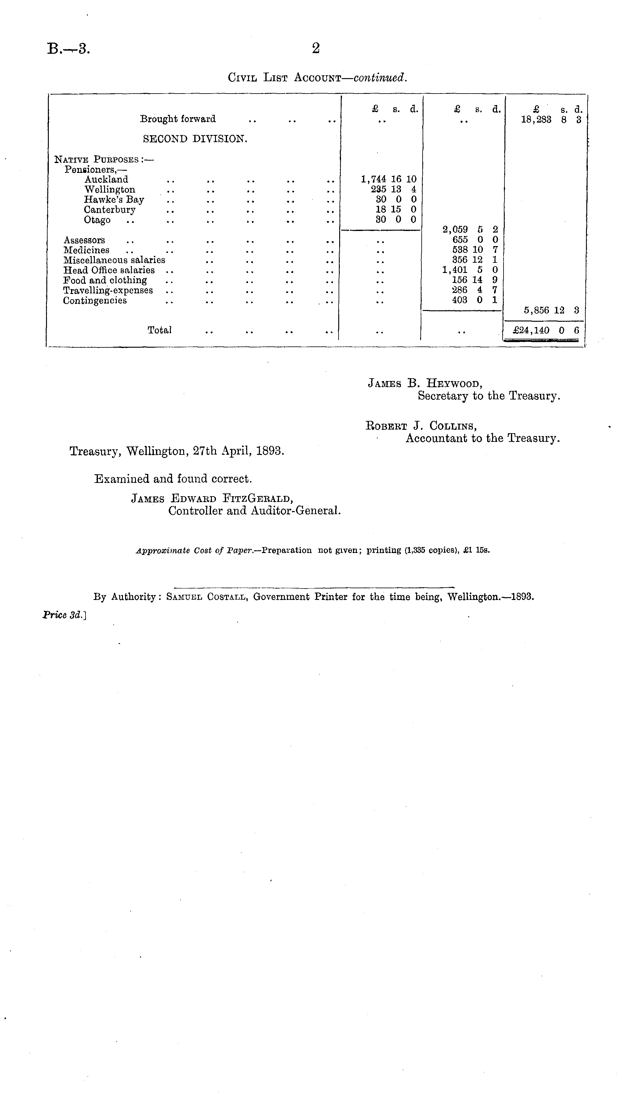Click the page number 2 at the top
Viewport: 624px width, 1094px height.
click(x=315, y=48)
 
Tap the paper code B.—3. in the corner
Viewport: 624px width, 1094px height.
click(x=69, y=49)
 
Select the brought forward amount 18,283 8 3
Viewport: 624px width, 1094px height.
click(x=551, y=120)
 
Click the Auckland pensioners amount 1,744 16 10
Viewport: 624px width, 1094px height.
click(x=388, y=179)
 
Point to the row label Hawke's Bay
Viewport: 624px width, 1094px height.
click(x=114, y=199)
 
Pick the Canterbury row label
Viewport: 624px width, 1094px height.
click(x=110, y=210)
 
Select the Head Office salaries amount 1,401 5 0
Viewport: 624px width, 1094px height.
click(x=470, y=270)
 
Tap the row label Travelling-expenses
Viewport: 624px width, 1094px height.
click(x=108, y=291)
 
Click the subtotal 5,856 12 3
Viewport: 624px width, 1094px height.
click(x=551, y=310)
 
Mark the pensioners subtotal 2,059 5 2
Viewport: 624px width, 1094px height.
click(x=470, y=230)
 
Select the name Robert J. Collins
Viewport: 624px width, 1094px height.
click(x=421, y=426)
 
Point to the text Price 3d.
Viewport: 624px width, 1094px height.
click(x=64, y=615)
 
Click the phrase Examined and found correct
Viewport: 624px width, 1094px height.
click(x=173, y=479)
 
